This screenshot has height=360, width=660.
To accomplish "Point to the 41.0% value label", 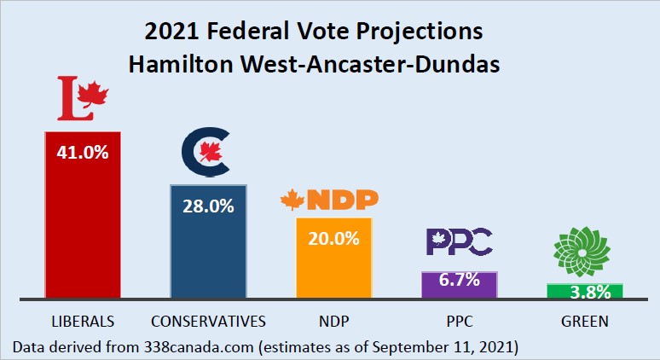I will [83, 154].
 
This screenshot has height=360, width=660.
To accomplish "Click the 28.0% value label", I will [208, 206].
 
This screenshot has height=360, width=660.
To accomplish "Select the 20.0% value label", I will [333, 239].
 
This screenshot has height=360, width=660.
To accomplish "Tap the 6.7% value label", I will [460, 280].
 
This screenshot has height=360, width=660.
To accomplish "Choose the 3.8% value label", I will [584, 293].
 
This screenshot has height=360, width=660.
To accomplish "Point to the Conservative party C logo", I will [206, 152].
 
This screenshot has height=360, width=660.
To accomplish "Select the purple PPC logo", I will [459, 242].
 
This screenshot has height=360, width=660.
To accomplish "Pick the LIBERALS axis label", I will [83, 322].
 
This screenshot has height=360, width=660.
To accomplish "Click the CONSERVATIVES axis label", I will [208, 322].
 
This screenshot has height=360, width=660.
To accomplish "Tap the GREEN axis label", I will [584, 322].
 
